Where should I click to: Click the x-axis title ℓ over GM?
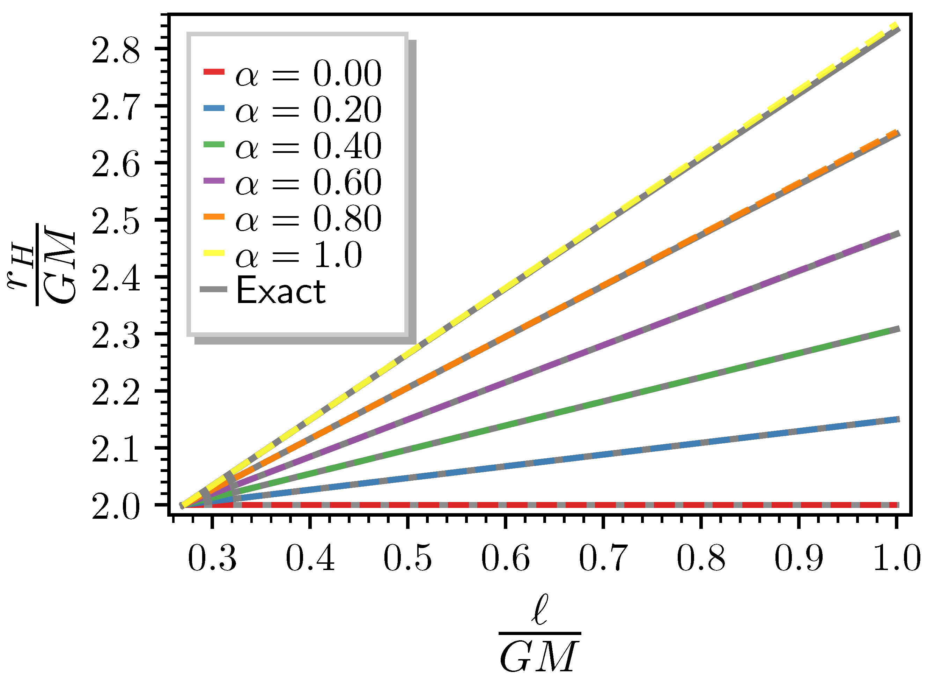539,634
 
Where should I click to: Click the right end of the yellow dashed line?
897,26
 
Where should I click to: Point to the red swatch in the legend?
214,72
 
